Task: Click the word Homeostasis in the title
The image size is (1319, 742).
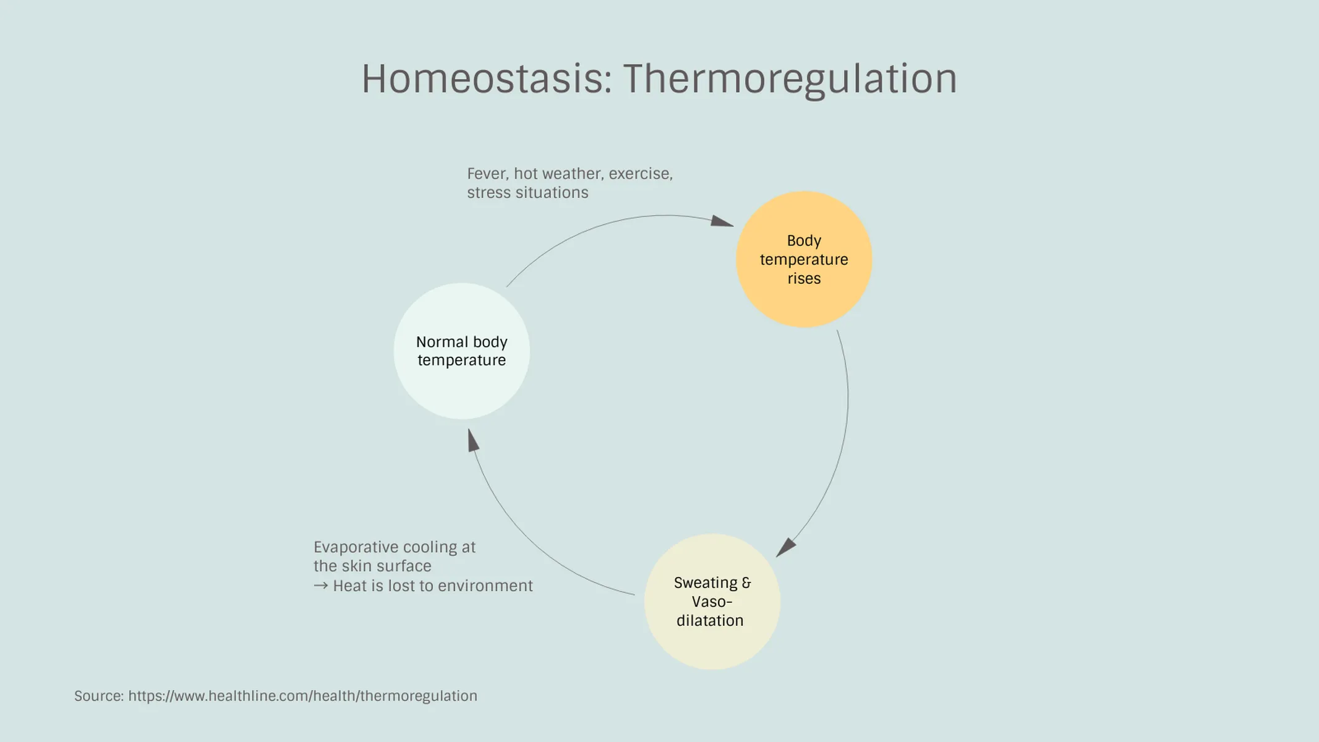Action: click(486, 79)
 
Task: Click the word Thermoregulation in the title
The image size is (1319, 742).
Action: click(790, 79)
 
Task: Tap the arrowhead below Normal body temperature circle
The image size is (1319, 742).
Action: click(473, 440)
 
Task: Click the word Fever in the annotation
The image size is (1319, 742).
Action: click(487, 174)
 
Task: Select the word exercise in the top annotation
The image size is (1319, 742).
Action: click(640, 174)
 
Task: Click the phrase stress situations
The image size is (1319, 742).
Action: click(527, 193)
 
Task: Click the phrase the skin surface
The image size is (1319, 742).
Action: click(372, 566)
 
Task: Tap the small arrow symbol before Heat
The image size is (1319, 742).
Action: click(320, 586)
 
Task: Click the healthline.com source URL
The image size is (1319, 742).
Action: click(302, 696)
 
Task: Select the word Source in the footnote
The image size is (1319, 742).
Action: click(99, 696)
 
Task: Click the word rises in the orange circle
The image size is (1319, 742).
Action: click(804, 279)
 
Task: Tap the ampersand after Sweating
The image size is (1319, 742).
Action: click(746, 583)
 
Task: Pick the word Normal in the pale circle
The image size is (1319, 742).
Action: click(442, 342)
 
